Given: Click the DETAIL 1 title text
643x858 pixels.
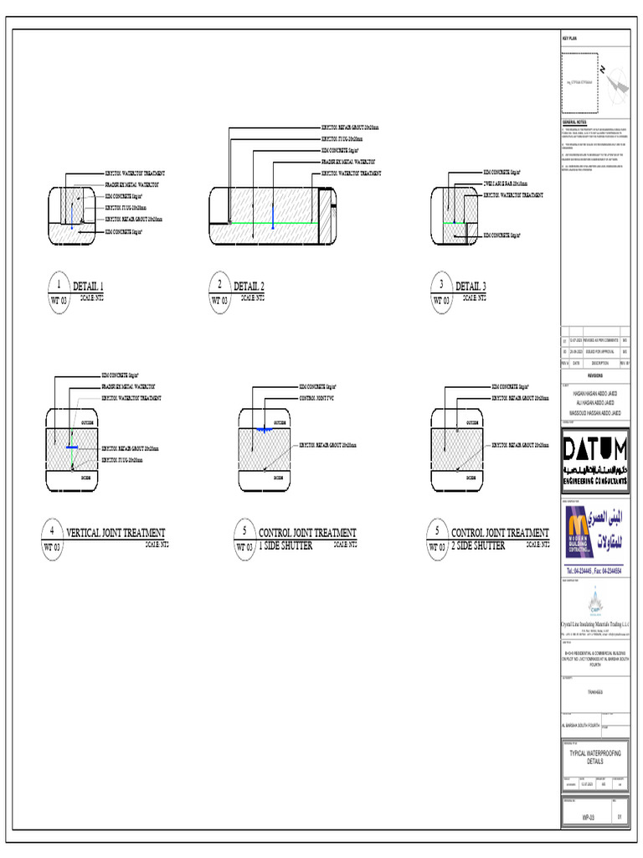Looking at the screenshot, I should click(x=88, y=286).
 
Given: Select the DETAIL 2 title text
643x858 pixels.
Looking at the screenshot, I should click(x=249, y=286).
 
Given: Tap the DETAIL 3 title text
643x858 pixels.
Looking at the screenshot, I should click(x=470, y=286).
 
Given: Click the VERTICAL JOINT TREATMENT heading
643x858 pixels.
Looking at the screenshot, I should click(x=116, y=532).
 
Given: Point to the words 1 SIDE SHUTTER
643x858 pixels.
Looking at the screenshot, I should click(x=285, y=545).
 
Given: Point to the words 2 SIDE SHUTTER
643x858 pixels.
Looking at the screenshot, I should click(x=478, y=545).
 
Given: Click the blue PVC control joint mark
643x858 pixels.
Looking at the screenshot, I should click(x=264, y=429).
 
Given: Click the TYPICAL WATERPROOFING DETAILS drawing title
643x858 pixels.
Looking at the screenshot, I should click(x=594, y=757).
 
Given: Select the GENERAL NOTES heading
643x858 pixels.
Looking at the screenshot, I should click(x=574, y=122).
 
